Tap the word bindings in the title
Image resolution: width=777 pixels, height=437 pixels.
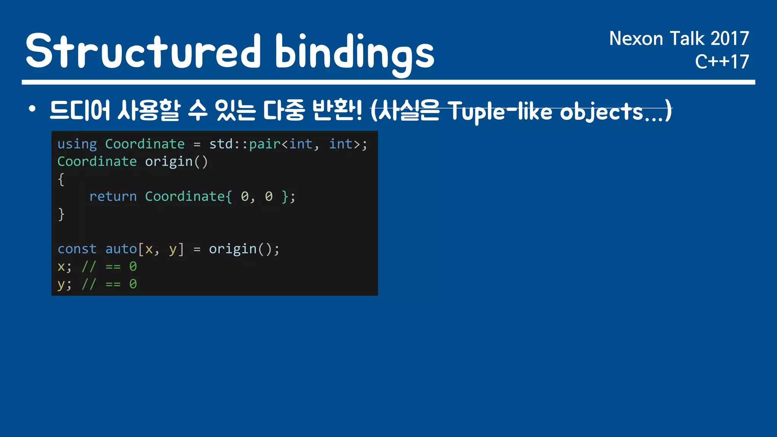355,53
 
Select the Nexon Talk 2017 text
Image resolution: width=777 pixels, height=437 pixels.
679,39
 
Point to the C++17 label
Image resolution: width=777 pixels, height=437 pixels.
722,61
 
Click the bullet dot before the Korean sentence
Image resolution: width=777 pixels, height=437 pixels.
32,109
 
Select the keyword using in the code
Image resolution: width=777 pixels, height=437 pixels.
77,144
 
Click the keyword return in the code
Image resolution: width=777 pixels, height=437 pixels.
113,196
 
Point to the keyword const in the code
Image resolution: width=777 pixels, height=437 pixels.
77,249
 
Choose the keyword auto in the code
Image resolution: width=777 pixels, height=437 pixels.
121,249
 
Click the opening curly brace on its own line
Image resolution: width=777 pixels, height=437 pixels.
61,179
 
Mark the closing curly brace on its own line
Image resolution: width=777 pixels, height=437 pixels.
61,214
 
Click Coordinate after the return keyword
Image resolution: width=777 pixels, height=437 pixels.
185,196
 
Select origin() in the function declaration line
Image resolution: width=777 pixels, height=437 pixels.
176,162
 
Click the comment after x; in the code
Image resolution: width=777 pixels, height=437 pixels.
109,266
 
